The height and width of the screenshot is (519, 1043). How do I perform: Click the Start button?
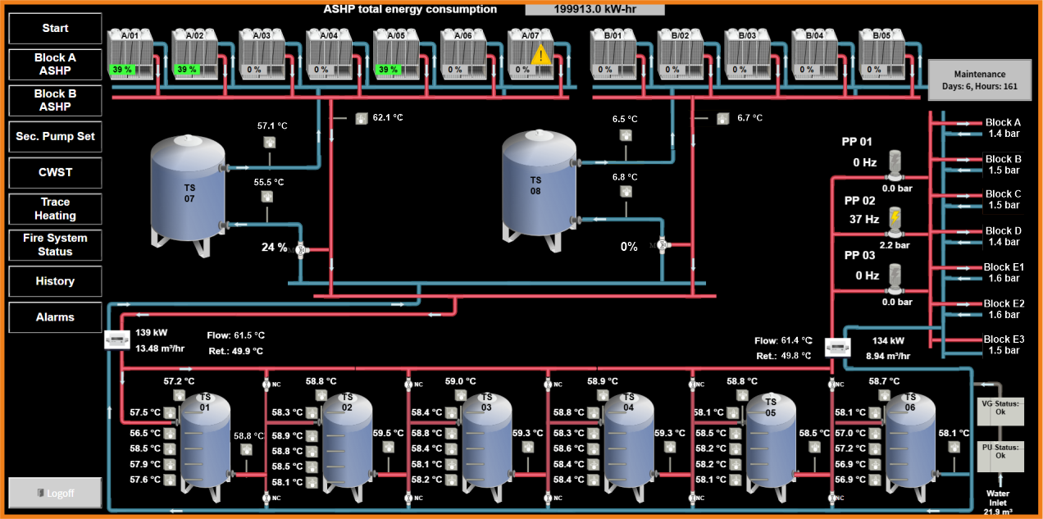55,28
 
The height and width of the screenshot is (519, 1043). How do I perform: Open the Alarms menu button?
55,317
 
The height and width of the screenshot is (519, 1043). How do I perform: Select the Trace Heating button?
55,209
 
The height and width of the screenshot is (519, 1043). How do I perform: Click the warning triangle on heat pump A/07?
540,56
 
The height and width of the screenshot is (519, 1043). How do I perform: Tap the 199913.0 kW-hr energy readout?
594,9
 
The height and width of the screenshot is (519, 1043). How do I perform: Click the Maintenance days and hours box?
979,80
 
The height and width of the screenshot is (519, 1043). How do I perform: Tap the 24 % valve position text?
274,247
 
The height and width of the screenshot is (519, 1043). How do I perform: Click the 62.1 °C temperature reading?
388,117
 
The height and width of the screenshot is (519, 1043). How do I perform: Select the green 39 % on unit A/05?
389,70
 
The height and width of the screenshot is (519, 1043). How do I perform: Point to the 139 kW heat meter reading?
152,333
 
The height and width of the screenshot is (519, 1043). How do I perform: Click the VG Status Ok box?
1000,407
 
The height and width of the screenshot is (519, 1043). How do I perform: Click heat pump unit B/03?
746,54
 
